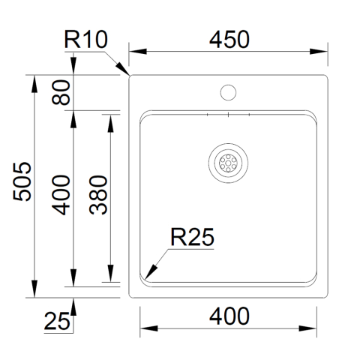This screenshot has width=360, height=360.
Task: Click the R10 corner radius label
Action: (x=86, y=40)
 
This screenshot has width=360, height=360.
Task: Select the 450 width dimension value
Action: (x=229, y=40)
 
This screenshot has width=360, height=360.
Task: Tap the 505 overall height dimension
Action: (x=22, y=181)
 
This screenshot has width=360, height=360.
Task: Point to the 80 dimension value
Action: (x=61, y=92)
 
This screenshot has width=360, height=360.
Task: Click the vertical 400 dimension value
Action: (x=61, y=195)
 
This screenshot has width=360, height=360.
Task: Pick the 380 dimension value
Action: (x=98, y=195)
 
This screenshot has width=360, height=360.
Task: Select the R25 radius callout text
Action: (x=192, y=237)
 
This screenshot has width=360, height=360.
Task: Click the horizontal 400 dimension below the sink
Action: (x=229, y=316)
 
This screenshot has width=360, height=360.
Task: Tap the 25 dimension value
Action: (x=57, y=321)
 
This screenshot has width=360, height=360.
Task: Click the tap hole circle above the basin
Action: (x=228, y=92)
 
